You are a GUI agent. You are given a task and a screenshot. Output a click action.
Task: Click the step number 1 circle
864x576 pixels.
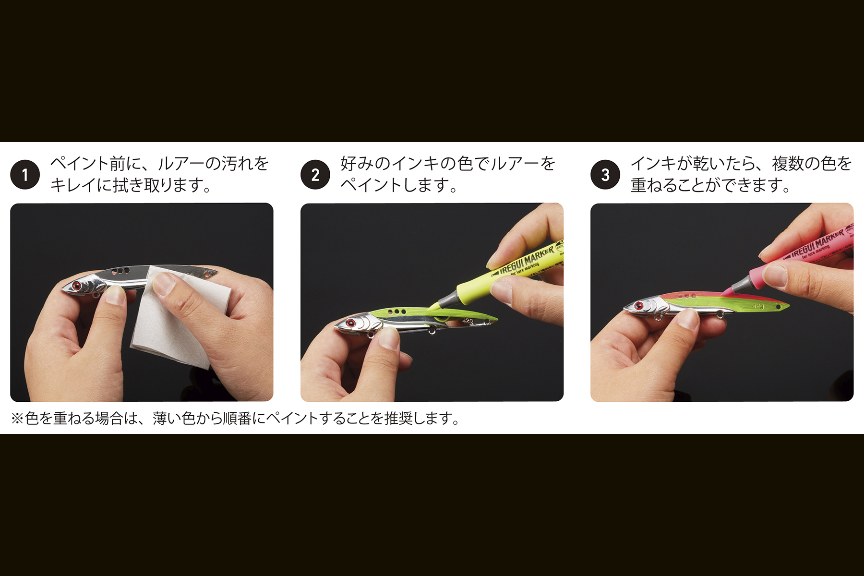(x=25, y=175)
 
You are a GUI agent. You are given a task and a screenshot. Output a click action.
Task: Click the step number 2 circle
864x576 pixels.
(x=315, y=175)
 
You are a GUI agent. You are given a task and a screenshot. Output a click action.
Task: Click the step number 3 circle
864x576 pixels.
(x=605, y=175)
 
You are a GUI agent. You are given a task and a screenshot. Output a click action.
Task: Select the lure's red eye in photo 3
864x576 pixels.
(x=639, y=306)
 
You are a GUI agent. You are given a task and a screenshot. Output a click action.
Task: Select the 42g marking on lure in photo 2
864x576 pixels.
(x=468, y=321)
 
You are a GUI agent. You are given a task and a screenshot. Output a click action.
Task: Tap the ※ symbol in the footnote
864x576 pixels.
(x=17, y=419)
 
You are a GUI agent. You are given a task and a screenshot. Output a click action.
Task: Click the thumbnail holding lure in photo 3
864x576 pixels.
(x=689, y=318)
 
